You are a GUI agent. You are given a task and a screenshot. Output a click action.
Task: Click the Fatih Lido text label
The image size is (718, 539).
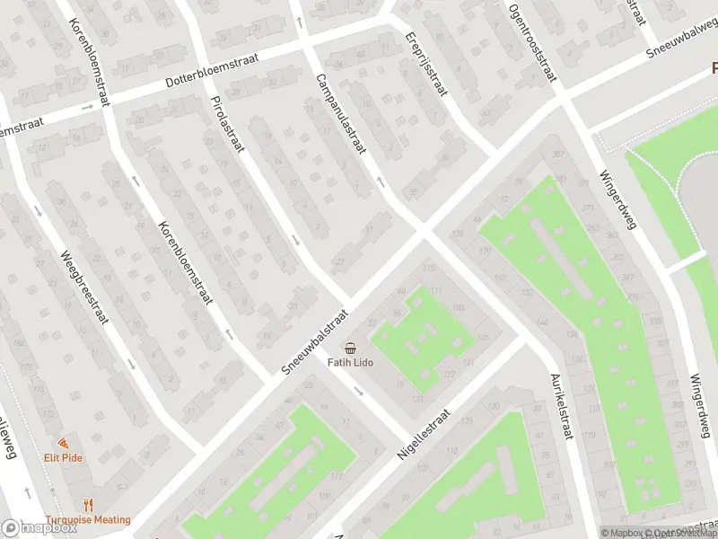point(350,363)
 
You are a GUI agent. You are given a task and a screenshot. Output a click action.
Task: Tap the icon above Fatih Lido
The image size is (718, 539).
point(350,348)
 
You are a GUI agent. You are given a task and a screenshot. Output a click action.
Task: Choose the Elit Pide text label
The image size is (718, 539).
point(63,456)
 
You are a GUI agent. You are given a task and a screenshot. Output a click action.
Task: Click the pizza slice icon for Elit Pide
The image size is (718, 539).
point(63,443)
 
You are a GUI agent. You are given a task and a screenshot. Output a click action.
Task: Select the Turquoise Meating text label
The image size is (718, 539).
point(88,519)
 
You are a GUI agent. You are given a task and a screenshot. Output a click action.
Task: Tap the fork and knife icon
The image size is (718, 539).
point(88,506)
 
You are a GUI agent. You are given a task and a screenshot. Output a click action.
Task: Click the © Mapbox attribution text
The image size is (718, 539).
point(624,533)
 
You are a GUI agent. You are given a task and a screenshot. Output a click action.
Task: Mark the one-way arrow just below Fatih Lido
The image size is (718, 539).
point(358,391)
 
